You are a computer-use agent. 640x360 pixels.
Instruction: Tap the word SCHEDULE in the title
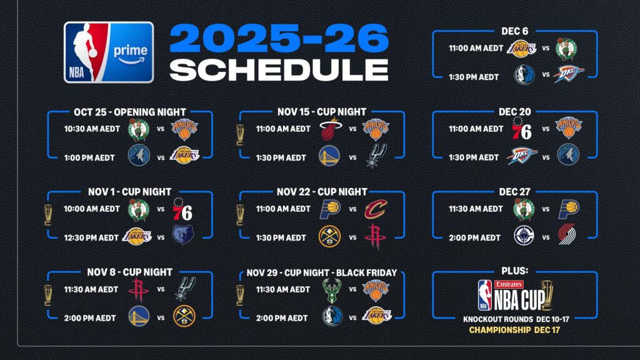coord(279,69)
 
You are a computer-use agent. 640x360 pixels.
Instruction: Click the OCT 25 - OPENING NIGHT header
coord(130,112)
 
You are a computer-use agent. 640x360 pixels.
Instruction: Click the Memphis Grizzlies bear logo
coord(183,235)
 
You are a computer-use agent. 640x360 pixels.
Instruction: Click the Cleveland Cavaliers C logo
coord(376,209)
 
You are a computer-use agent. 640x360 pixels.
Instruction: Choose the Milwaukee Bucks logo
coord(332,289)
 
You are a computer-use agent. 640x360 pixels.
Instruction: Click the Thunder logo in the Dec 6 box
coord(567,74)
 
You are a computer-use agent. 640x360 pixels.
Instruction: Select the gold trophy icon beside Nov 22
coord(240,215)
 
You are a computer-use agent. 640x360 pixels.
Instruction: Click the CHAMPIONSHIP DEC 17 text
coord(514,329)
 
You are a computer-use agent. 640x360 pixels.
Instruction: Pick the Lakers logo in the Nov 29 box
coord(376,316)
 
